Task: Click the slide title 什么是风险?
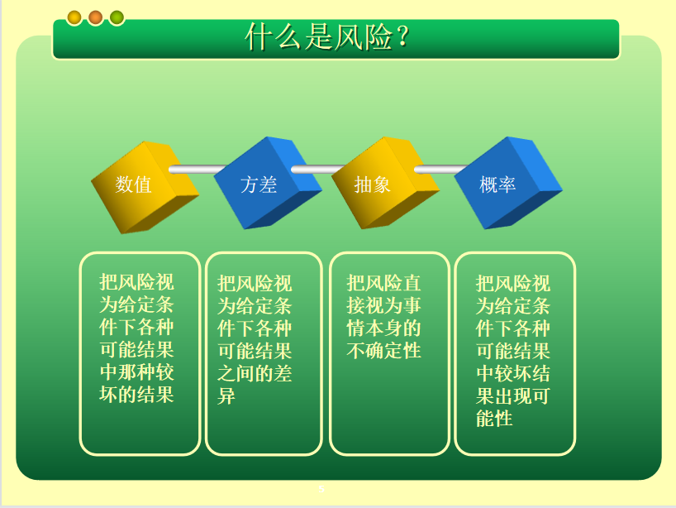click(x=327, y=37)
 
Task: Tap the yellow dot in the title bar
click(x=74, y=17)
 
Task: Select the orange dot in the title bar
click(x=95, y=17)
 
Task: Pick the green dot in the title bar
click(x=117, y=17)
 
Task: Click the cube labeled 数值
click(x=145, y=187)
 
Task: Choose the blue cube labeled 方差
click(x=267, y=183)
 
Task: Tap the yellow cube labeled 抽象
click(x=385, y=183)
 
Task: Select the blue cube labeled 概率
click(x=508, y=183)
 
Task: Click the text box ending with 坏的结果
click(x=140, y=353)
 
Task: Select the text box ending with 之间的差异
click(x=264, y=353)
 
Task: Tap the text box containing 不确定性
click(x=390, y=353)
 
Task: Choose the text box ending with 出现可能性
click(x=515, y=353)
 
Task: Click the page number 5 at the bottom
click(x=321, y=489)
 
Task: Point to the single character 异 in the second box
click(x=226, y=395)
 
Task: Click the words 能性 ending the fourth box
click(x=494, y=418)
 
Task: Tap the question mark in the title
click(x=403, y=37)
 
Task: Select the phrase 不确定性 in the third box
click(x=383, y=351)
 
